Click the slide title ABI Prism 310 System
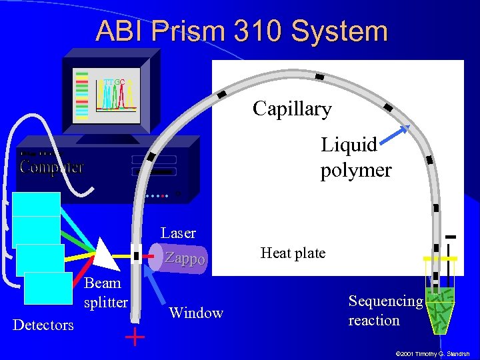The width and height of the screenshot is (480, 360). pos(241,31)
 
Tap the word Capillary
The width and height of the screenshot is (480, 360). pos(292,109)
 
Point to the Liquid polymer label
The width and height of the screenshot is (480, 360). pos(355,157)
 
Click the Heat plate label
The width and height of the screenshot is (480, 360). pos(293,253)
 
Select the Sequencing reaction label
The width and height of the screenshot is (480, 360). pos(385,310)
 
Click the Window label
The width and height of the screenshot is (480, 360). pos(196,313)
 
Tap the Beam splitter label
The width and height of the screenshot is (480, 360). pos(105,292)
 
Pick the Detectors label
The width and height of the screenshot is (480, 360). pos(43,325)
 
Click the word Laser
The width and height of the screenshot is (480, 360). pos(178,233)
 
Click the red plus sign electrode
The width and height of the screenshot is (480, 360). pos(135,337)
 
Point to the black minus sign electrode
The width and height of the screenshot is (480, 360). pos(451,237)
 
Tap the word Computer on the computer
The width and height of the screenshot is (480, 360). pos(51,167)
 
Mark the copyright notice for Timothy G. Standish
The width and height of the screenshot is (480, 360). pos(433,353)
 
